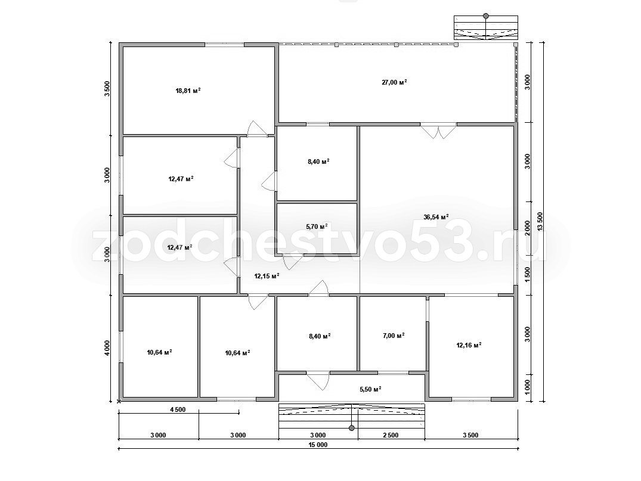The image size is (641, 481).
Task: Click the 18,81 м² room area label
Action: click(188, 91)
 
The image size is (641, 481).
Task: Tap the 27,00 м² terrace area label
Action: click(395, 82)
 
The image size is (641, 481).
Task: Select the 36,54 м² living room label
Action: click(436, 216)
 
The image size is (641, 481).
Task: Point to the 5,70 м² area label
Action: click(317, 226)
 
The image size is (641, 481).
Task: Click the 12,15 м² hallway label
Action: click(267, 276)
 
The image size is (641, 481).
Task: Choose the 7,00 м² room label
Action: click(394, 335)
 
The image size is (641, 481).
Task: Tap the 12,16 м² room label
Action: click(469, 345)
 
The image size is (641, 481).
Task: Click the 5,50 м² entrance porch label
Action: click(370, 389)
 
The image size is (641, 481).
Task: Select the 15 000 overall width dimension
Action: click(318, 445)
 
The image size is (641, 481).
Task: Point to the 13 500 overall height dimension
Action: click(540, 222)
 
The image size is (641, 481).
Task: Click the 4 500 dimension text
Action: click(177, 409)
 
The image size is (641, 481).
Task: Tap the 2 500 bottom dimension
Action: click(391, 435)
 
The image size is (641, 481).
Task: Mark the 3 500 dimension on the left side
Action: click(107, 89)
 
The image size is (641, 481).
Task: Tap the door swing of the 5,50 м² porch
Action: click(318, 381)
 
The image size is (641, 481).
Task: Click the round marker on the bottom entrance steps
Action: click(352, 428)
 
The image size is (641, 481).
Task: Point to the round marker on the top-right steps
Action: click(485, 16)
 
